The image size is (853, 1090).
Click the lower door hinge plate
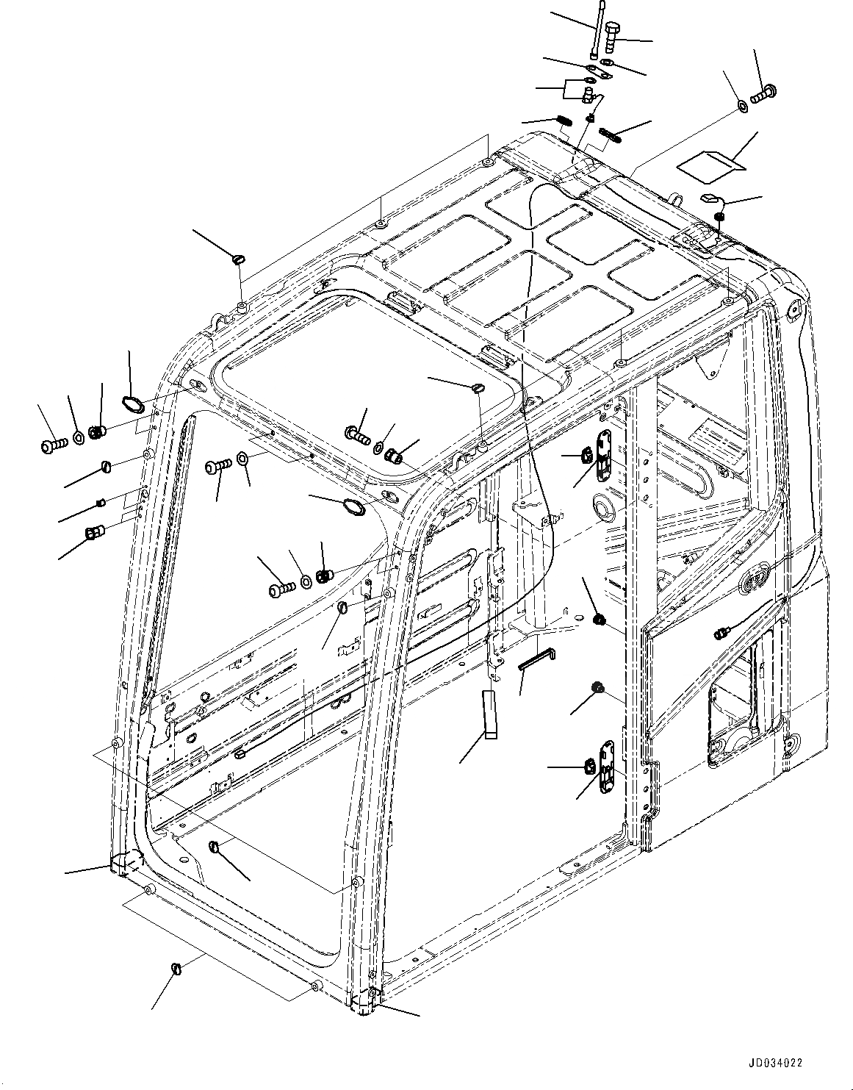(x=606, y=767)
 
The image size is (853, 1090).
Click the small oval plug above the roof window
(x=478, y=387)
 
